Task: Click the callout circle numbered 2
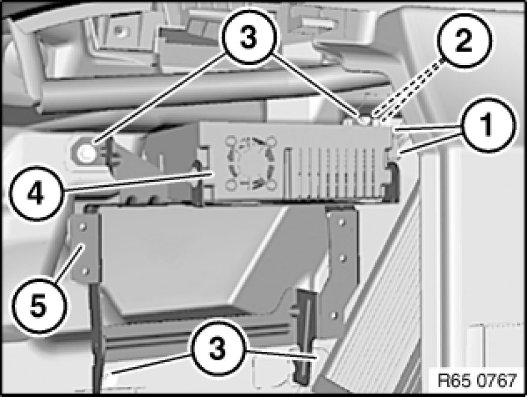(x=464, y=40)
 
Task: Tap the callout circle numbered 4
(x=36, y=193)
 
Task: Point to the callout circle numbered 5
(x=38, y=305)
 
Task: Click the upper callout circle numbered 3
(x=249, y=38)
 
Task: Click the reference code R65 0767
(x=477, y=381)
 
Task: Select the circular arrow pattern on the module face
(x=251, y=163)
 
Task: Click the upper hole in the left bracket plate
(x=83, y=227)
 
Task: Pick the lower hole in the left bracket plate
(x=86, y=270)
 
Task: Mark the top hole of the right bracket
(x=341, y=222)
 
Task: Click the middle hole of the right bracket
(x=343, y=258)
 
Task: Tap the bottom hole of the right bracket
(x=334, y=315)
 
